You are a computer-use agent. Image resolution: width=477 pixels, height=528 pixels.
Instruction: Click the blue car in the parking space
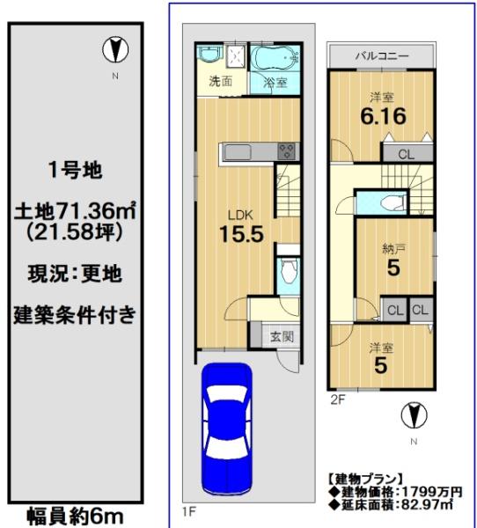click(x=227, y=429)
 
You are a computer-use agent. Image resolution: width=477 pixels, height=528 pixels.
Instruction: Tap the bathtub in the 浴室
click(x=275, y=58)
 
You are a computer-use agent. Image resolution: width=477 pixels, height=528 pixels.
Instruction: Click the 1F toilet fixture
click(x=289, y=271)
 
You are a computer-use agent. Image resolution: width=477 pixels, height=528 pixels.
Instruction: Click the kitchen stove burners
click(x=287, y=151)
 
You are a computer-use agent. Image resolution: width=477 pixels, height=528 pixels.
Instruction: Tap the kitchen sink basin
click(x=238, y=152)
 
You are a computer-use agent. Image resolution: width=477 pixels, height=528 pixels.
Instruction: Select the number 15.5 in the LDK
click(x=241, y=234)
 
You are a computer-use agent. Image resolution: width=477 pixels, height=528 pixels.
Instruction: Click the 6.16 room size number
click(x=384, y=116)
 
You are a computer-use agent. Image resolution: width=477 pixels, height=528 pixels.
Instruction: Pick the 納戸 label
click(x=393, y=249)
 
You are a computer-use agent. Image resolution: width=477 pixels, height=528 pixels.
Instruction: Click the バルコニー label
click(x=382, y=56)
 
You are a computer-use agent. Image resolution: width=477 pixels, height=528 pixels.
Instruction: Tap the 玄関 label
click(x=282, y=336)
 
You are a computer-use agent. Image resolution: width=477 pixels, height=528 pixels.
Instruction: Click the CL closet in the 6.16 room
click(x=407, y=154)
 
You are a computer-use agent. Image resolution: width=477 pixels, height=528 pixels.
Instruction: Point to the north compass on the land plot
click(x=115, y=50)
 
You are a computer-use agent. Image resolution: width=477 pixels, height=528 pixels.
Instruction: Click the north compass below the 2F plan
click(x=414, y=415)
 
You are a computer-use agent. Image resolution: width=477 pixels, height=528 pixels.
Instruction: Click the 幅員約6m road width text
click(x=75, y=516)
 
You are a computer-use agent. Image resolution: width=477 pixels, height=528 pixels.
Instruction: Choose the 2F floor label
click(x=338, y=400)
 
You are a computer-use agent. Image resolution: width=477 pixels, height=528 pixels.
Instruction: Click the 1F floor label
click(x=189, y=512)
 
